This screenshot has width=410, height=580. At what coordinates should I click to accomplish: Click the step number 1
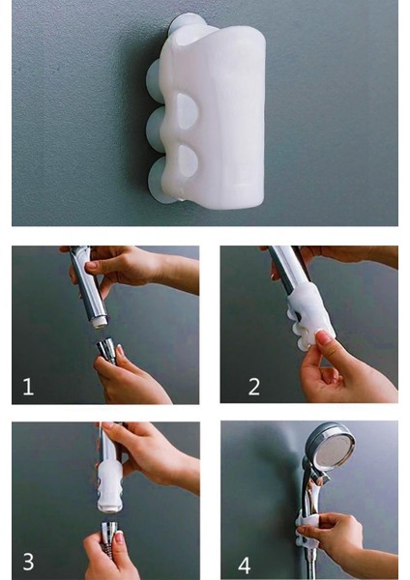28,387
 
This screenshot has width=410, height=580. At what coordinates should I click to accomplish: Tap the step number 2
254,387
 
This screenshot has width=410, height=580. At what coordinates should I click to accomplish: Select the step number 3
28,562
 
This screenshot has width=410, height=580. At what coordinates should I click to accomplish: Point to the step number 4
245,565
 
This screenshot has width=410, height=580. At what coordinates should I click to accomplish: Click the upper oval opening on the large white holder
188,110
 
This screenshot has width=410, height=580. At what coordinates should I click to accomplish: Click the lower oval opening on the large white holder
188,161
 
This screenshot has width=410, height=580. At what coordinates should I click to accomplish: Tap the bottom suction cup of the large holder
160,181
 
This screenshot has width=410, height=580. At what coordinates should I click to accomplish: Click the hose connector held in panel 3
109,533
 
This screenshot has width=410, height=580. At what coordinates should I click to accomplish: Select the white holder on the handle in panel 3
109,485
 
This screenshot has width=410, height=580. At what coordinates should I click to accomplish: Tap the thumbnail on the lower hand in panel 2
324,337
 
